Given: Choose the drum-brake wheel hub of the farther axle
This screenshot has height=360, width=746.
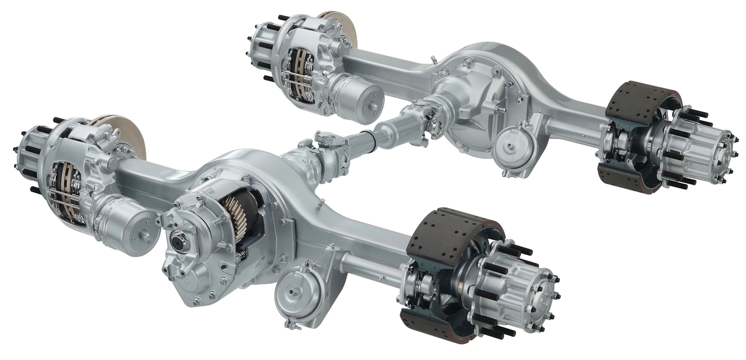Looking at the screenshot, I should pyautogui.click(x=699, y=148).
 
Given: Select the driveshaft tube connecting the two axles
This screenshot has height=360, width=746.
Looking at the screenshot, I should pyautogui.click(x=381, y=136).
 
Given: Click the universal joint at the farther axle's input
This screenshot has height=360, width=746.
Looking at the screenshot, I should pyautogui.click(x=422, y=117).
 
